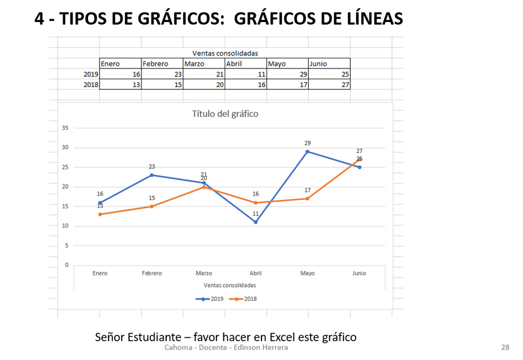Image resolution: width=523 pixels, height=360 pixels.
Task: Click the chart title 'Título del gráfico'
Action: pyautogui.click(x=225, y=114)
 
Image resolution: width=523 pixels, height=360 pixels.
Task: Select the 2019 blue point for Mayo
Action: pyautogui.click(x=308, y=151)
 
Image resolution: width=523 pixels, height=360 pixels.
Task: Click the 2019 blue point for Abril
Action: pyautogui.click(x=256, y=222)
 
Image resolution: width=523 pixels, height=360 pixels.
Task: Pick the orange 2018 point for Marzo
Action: pyautogui.click(x=204, y=187)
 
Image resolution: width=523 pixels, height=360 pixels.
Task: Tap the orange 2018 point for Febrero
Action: pyautogui.click(x=152, y=206)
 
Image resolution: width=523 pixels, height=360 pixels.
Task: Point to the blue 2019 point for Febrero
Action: pyautogui.click(x=152, y=175)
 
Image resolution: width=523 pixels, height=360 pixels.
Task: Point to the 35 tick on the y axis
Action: pyautogui.click(x=65, y=128)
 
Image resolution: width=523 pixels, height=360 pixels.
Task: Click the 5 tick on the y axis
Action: pyautogui.click(x=67, y=246)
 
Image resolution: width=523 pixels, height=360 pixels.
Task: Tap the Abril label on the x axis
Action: pyautogui.click(x=256, y=273)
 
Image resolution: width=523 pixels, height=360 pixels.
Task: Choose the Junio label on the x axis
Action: pyautogui.click(x=359, y=273)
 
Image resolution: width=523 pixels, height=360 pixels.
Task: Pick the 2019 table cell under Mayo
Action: pyautogui.click(x=287, y=74)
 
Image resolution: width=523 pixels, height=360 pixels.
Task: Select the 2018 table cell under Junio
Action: pyautogui.click(x=329, y=85)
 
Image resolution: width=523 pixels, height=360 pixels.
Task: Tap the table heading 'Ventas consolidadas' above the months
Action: pyautogui.click(x=225, y=53)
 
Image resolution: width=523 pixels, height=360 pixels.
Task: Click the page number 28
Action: pyautogui.click(x=505, y=347)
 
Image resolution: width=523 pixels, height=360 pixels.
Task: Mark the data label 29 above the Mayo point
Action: pyautogui.click(x=308, y=143)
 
